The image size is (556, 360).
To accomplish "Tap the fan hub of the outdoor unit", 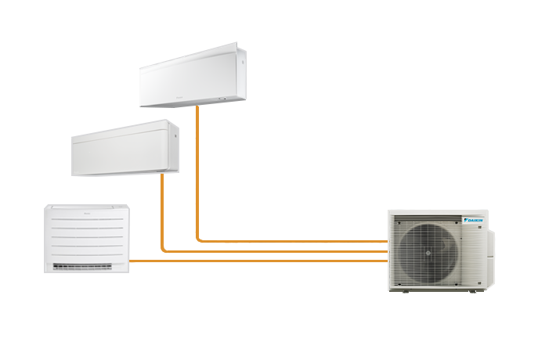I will point(428,252).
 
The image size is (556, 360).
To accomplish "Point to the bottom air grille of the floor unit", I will point(86,266).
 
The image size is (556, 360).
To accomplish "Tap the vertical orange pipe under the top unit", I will point(196,172).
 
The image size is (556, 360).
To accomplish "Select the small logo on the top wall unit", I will point(207,96).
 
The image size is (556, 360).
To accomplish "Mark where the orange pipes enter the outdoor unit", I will point(385,251).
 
